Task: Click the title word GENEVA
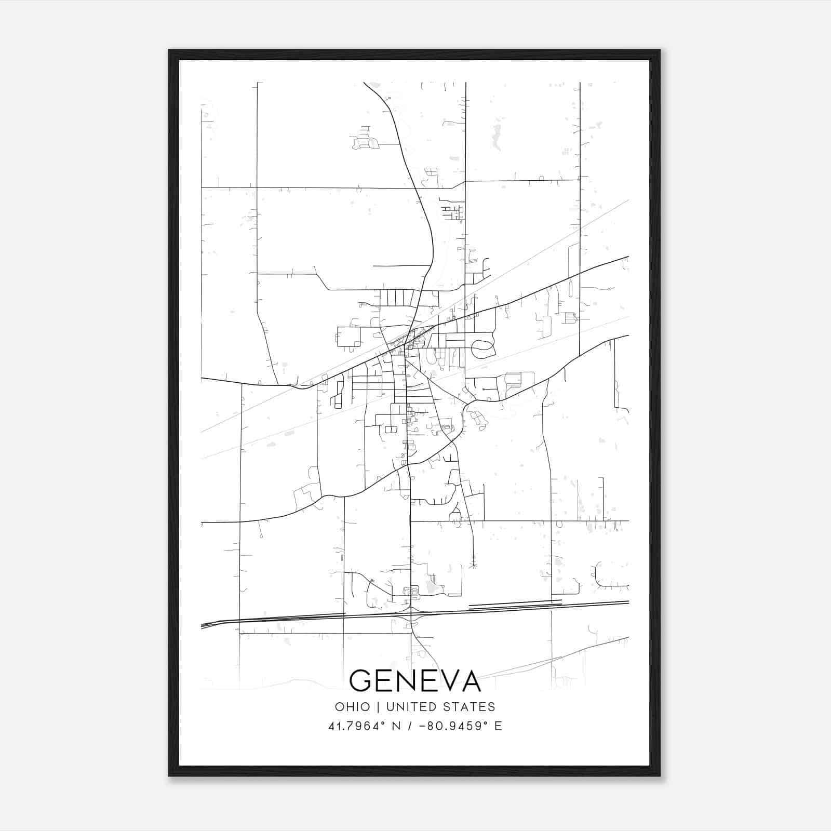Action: point(415,680)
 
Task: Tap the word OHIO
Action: point(352,707)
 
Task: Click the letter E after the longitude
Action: point(498,726)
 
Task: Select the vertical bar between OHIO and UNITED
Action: point(378,707)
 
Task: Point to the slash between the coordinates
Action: point(410,726)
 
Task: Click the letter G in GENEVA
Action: point(363,680)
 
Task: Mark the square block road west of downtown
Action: point(349,337)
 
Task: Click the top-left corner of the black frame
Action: point(169,50)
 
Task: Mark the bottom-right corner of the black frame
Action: point(660,776)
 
